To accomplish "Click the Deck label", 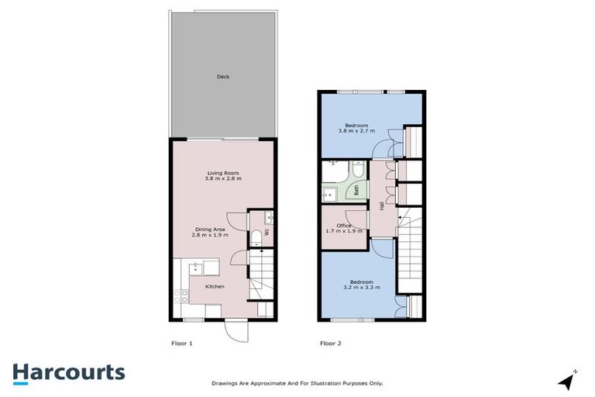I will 223,77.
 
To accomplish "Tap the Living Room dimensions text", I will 223,179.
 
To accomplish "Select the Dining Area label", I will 209,228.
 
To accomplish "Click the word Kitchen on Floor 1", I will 215,287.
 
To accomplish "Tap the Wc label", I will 266,231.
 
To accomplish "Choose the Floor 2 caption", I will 330,342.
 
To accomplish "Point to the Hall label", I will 381,205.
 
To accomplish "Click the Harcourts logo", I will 68,372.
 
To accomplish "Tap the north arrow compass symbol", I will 568,380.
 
